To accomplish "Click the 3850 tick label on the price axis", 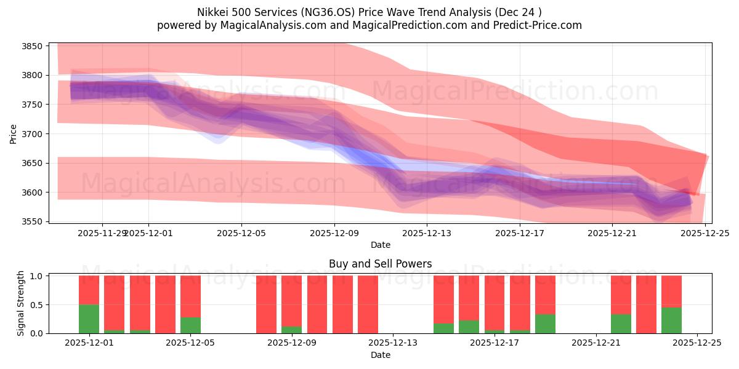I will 31,46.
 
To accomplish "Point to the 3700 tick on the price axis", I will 31,134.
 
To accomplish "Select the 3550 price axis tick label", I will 31,221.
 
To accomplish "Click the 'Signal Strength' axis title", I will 21,303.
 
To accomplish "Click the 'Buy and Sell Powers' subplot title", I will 380,264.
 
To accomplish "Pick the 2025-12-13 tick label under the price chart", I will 427,234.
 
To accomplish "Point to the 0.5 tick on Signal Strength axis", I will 37,304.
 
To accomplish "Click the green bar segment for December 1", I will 89,319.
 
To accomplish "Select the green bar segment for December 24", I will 671,320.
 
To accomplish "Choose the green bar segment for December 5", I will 190,325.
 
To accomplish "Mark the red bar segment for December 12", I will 368,304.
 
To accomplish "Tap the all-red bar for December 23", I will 646,304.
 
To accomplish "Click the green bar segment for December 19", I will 545,323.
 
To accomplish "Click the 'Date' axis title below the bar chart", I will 380,355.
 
